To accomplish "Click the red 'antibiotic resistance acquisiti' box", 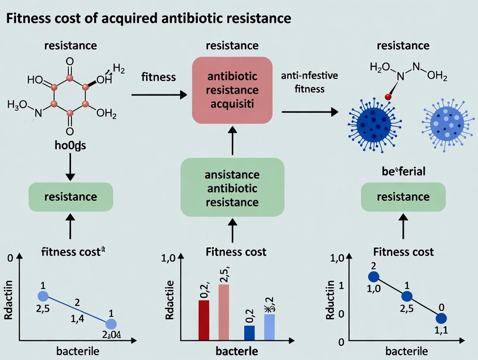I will pyautogui.click(x=232, y=90).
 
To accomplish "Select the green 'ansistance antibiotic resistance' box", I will pyautogui.click(x=232, y=188).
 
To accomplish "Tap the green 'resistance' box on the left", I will pyautogui.click(x=71, y=197).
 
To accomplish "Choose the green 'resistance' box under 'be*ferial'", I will pyautogui.click(x=403, y=197).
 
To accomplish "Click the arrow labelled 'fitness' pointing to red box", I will pyautogui.click(x=158, y=94).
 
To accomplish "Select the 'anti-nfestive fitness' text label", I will pyautogui.click(x=309, y=83).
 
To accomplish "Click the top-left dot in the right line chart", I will pyautogui.click(x=373, y=277).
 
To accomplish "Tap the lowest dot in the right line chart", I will pyautogui.click(x=441, y=318).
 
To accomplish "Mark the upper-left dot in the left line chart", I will pyautogui.click(x=43, y=296).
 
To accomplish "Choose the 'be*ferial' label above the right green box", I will pyautogui.click(x=404, y=171).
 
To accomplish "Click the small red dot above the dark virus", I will pyautogui.click(x=388, y=98).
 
